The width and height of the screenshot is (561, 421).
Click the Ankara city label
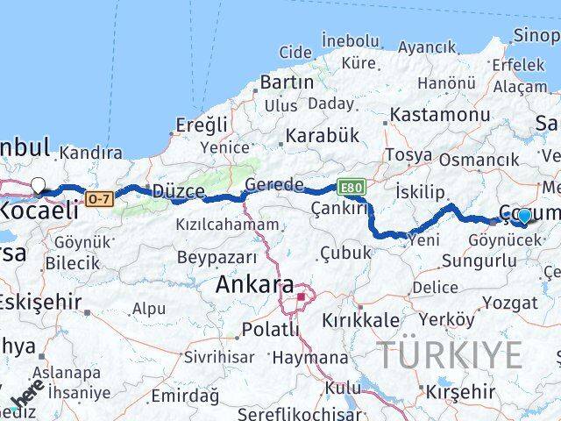(255, 285)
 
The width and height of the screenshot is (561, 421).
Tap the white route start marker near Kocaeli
(39, 185)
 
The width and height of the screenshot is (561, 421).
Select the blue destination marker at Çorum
(524, 216)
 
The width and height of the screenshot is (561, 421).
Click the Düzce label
(178, 191)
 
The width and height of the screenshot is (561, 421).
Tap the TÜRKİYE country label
(450, 355)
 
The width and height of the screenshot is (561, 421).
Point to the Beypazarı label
(217, 257)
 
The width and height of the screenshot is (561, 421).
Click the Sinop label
(536, 35)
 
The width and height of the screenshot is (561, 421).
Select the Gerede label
(274, 185)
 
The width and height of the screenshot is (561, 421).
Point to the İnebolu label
(350, 40)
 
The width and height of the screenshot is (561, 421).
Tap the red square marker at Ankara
(301, 296)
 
